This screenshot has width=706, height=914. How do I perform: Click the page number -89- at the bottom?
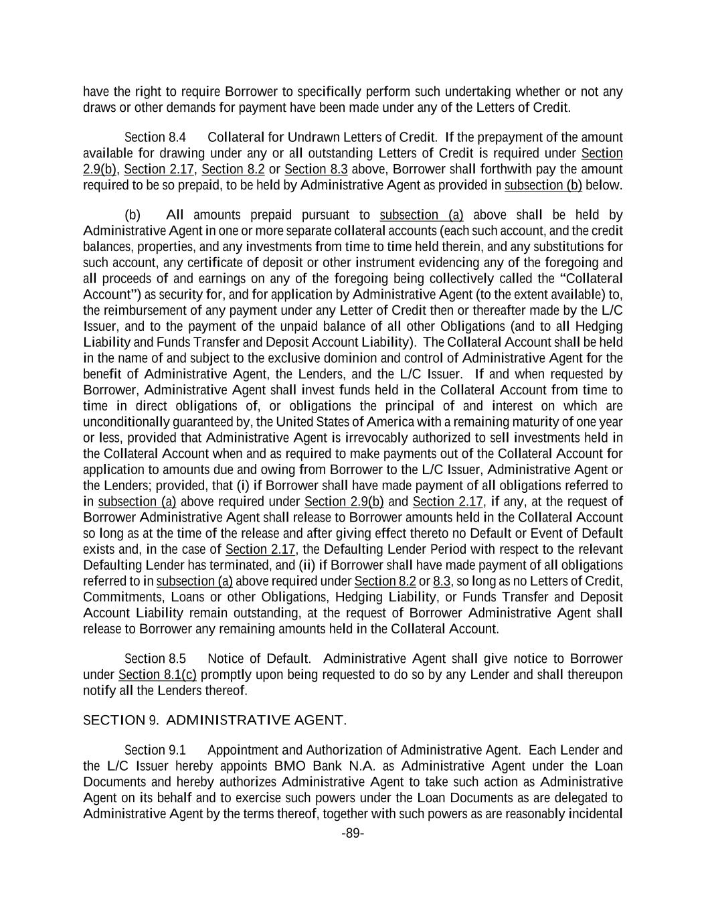coord(353,834)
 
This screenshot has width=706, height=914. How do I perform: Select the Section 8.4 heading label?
coord(155,137)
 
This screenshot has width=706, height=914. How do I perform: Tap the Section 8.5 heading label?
coord(155,659)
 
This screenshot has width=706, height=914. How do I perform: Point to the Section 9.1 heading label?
coord(155,750)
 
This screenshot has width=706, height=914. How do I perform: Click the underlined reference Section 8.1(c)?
coord(157,675)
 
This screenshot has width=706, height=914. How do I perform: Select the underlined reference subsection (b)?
coord(543,185)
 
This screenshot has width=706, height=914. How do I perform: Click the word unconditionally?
coord(126,422)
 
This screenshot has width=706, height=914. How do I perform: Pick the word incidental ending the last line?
coord(595,814)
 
